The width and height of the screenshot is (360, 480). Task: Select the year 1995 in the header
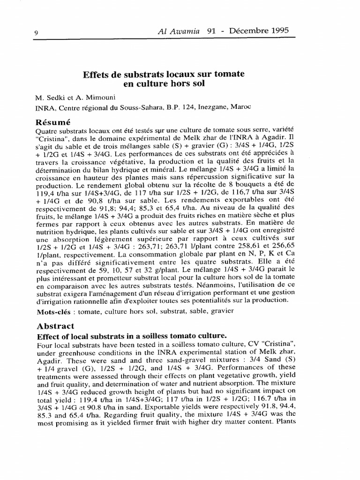coord(276,30)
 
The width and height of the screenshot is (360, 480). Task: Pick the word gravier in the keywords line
coord(221,311)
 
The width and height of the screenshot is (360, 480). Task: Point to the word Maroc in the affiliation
coord(241,107)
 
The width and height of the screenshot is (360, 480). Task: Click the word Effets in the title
coord(96,75)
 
